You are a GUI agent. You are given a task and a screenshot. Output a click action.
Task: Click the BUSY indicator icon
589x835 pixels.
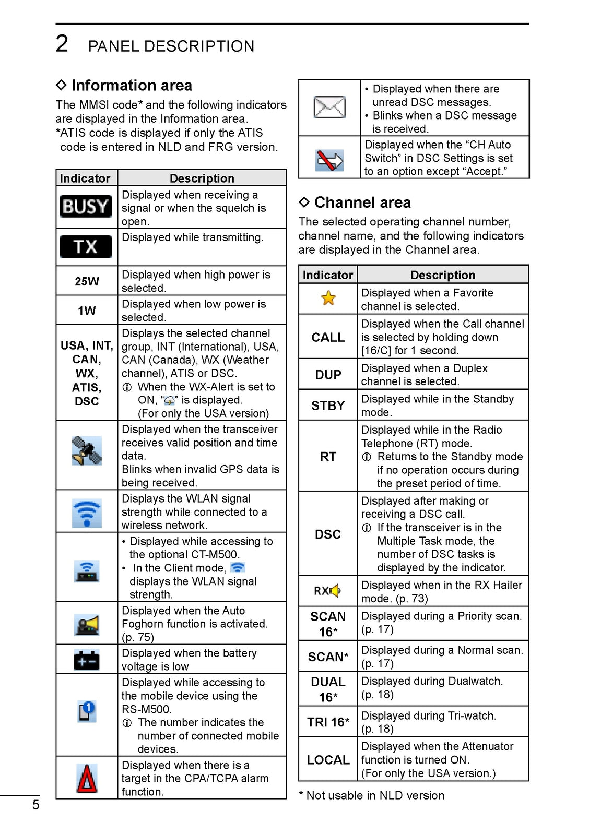86,207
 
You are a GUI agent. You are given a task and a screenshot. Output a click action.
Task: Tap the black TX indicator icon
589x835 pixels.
86,246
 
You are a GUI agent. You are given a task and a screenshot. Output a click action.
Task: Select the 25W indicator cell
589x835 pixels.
87,281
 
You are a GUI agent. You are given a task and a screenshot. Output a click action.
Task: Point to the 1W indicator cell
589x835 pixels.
87,311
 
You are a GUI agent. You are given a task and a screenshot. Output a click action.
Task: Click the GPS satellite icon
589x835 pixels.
87,451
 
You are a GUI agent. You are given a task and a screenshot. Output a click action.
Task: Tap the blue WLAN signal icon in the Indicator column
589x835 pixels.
87,512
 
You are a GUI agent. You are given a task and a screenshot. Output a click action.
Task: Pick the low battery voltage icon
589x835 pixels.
87,660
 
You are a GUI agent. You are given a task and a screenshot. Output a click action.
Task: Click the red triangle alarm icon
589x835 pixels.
87,779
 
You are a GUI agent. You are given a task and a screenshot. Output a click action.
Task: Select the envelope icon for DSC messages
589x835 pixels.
329,107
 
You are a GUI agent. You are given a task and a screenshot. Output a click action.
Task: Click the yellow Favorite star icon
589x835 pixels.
328,298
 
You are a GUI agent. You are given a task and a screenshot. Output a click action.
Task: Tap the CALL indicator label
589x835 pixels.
328,338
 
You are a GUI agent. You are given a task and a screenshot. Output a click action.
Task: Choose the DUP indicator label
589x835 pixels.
328,375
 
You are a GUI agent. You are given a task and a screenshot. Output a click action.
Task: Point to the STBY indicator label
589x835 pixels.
328,405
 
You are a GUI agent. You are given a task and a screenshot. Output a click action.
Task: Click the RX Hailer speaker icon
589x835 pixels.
327,591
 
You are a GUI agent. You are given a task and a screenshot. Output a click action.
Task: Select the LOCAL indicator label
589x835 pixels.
328,760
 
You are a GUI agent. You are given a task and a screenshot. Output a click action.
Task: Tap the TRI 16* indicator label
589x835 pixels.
328,722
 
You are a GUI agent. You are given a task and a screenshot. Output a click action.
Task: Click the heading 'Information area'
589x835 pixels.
132,85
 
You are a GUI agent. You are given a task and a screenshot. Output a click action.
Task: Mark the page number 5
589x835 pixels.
36,805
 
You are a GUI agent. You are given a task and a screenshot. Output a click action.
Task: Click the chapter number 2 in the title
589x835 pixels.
62,44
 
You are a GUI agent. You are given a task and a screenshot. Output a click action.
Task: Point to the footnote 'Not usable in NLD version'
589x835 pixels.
375,795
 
